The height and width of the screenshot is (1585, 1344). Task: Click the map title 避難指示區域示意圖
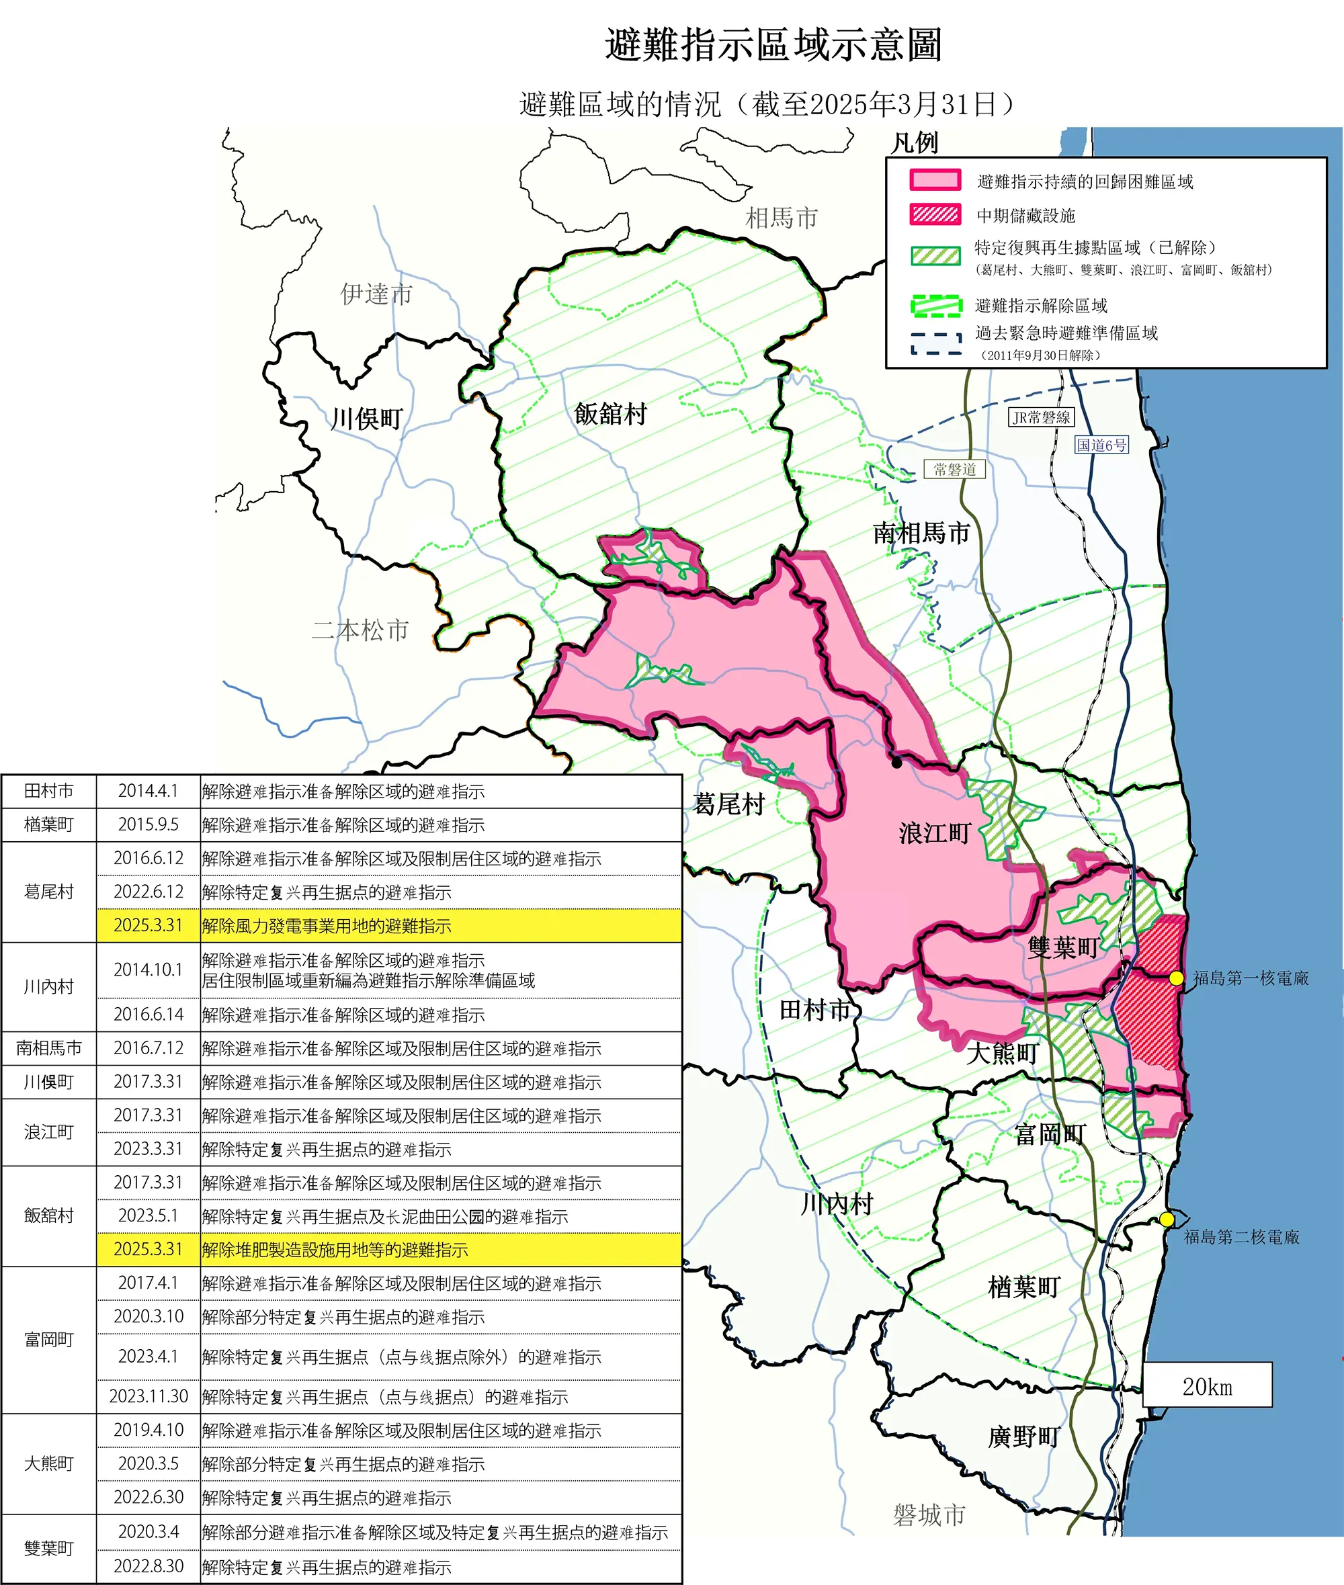tap(773, 45)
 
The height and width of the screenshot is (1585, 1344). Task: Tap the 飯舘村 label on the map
tap(610, 415)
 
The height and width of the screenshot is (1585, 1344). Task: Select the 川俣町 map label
tap(366, 419)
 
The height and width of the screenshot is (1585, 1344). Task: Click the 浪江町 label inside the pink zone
tap(934, 832)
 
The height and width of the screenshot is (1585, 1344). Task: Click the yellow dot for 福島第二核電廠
tap(1167, 1219)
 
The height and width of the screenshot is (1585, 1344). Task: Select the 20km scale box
tap(1207, 1386)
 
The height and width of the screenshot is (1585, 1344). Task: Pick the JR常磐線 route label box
tap(1041, 417)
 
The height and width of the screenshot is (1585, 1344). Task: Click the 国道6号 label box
tap(1101, 445)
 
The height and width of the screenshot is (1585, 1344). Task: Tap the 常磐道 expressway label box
tap(955, 469)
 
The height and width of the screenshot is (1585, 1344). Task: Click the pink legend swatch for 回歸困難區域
tap(935, 181)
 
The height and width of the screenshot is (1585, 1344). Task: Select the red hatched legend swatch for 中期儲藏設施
tap(935, 215)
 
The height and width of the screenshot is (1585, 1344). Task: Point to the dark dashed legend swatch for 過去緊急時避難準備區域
tap(935, 343)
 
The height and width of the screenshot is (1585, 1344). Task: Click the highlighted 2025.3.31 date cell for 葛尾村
tap(149, 925)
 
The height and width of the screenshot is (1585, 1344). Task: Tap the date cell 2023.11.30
tap(149, 1396)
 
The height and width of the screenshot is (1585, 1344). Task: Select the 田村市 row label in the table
tap(49, 791)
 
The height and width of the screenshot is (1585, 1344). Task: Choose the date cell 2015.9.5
tap(149, 825)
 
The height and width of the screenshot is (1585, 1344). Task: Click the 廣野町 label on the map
tap(1023, 1437)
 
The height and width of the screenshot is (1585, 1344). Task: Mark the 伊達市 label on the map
tap(376, 294)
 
